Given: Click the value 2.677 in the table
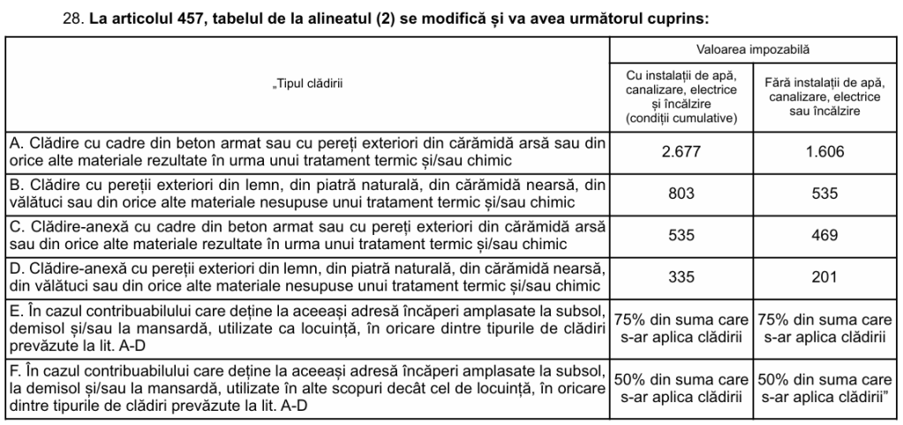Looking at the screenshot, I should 681,151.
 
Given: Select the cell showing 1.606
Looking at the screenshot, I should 825,151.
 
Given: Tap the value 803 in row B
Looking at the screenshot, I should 681,193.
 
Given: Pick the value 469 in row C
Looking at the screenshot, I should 825,235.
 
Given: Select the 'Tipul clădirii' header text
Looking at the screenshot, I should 306,84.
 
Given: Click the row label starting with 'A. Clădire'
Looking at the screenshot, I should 307,151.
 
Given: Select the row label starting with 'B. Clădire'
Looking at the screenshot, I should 307,193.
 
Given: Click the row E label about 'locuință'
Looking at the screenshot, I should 307,327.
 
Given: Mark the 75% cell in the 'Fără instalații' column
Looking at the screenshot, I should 825,328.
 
